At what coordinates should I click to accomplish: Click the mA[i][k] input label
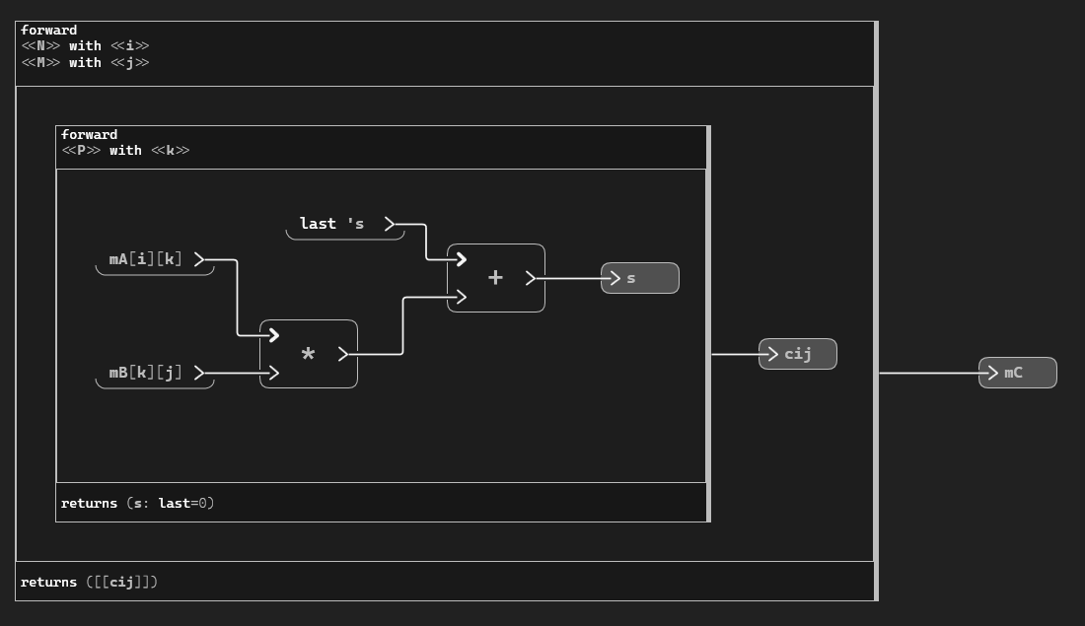pyautogui.click(x=146, y=259)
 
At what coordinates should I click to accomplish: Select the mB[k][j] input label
pyautogui.click(x=146, y=373)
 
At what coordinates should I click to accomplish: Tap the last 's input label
pyautogui.click(x=332, y=224)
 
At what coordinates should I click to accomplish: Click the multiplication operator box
pyautogui.click(x=308, y=354)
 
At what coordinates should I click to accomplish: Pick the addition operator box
pyautogui.click(x=495, y=278)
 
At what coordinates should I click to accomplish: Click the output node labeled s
pyautogui.click(x=640, y=278)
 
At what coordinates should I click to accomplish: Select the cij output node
pyautogui.click(x=798, y=354)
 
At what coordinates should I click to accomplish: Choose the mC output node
pyautogui.click(x=1018, y=373)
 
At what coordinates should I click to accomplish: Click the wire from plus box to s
pyautogui.click(x=572, y=278)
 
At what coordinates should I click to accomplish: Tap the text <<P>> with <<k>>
pyautogui.click(x=125, y=151)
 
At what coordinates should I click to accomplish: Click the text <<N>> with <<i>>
pyautogui.click(x=85, y=45)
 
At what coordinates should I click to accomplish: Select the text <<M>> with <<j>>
pyautogui.click(x=85, y=62)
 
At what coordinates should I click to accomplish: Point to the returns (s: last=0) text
pyautogui.click(x=137, y=503)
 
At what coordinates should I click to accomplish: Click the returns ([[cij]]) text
pyautogui.click(x=89, y=582)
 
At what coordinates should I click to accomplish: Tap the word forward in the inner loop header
pyautogui.click(x=89, y=135)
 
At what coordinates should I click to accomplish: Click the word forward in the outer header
pyautogui.click(x=48, y=30)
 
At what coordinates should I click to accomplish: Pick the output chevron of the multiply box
pyautogui.click(x=343, y=354)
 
